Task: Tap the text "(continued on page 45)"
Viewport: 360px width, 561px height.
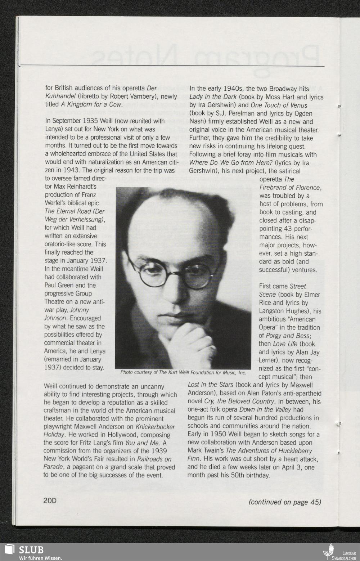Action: [x=285, y=502]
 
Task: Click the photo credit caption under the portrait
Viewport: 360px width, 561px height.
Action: [x=183, y=372]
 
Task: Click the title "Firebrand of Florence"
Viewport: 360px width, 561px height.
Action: [x=290, y=188]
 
